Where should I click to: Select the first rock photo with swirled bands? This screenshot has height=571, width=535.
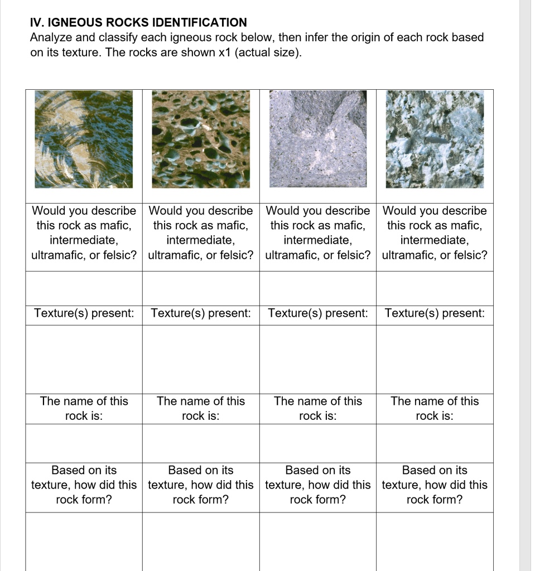(84, 139)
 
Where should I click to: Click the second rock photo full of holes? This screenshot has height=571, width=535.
(201, 139)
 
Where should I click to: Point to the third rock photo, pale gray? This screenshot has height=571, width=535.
(318, 139)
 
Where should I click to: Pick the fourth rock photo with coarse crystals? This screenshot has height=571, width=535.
(435, 139)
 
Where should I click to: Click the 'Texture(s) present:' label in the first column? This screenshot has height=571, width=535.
(84, 313)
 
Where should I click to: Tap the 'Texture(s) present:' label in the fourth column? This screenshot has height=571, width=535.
(435, 313)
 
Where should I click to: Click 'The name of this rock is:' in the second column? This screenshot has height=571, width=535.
(201, 408)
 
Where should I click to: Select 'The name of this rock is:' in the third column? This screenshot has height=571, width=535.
(318, 408)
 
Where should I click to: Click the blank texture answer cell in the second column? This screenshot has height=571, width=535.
(201, 359)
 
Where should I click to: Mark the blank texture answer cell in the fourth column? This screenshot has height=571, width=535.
(435, 359)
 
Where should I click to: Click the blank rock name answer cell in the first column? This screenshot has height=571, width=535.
(84, 443)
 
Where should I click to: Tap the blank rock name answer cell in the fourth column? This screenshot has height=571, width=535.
(435, 443)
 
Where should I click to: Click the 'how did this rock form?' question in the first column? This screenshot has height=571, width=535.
(84, 485)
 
